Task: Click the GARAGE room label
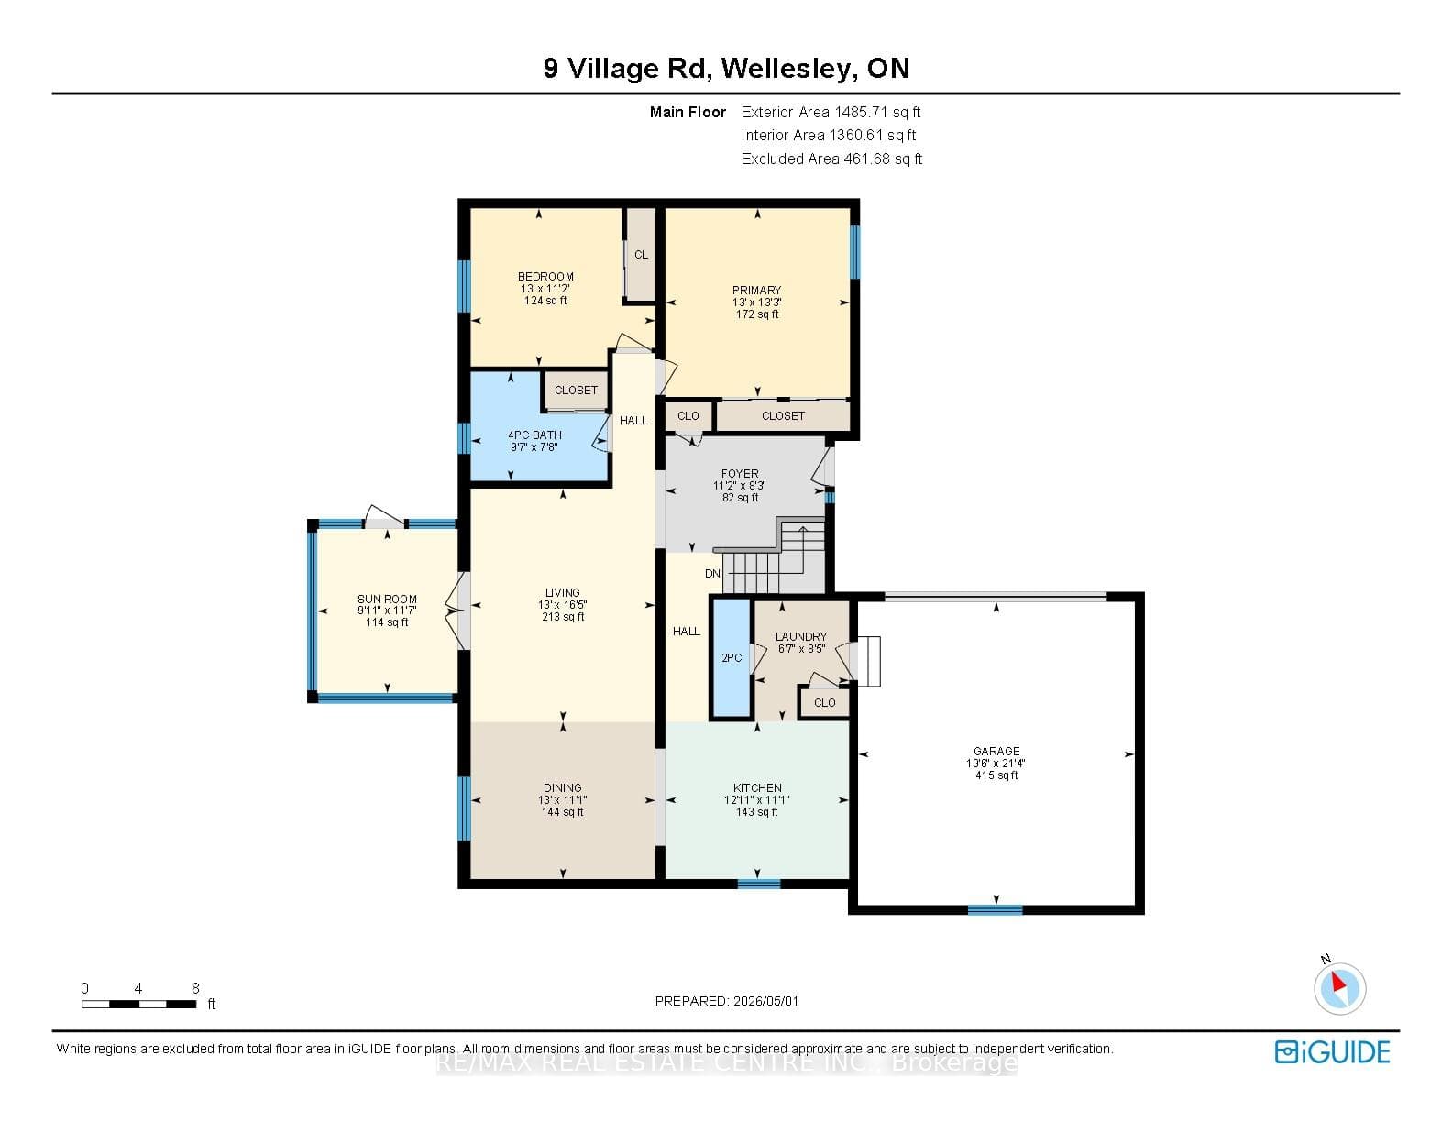tap(995, 751)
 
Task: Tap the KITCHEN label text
tap(757, 787)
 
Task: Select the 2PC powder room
tap(731, 658)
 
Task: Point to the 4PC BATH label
tap(534, 435)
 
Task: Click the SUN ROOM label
tap(387, 599)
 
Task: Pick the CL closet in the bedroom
tap(640, 255)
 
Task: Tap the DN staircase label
tap(712, 574)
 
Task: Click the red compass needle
tap(1337, 983)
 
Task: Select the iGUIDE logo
tap(1333, 1051)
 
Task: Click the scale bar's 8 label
tap(195, 988)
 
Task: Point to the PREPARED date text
tap(726, 1001)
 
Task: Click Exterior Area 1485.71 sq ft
tap(830, 112)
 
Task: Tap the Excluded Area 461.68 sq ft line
tap(831, 159)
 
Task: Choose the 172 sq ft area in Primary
tap(757, 314)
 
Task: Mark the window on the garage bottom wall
tap(995, 909)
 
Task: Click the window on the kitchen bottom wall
tap(759, 884)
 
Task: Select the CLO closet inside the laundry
tap(825, 703)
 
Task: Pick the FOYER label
tap(740, 474)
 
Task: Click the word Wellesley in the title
tap(787, 69)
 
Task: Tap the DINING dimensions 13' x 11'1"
tap(563, 800)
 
